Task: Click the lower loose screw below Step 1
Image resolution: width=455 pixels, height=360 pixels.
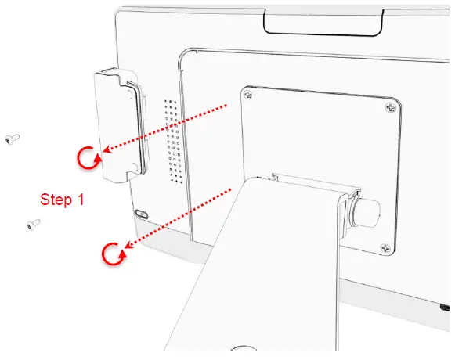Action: (33, 225)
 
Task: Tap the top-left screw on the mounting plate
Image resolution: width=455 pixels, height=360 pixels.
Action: (248, 95)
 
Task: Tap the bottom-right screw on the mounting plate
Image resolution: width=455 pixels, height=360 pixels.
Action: (384, 249)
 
